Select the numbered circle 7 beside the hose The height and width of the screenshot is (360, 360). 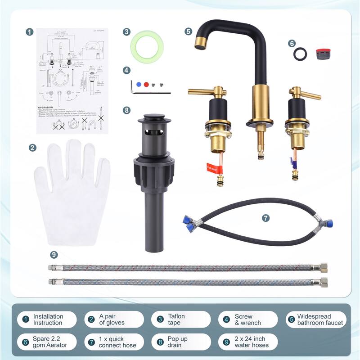click(x=265, y=217)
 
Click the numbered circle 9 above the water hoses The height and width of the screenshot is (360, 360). click(x=54, y=255)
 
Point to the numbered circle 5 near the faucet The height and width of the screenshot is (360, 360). click(x=188, y=31)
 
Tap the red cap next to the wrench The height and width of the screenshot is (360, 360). click(x=146, y=84)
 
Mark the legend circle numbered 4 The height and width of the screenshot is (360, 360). click(x=226, y=319)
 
